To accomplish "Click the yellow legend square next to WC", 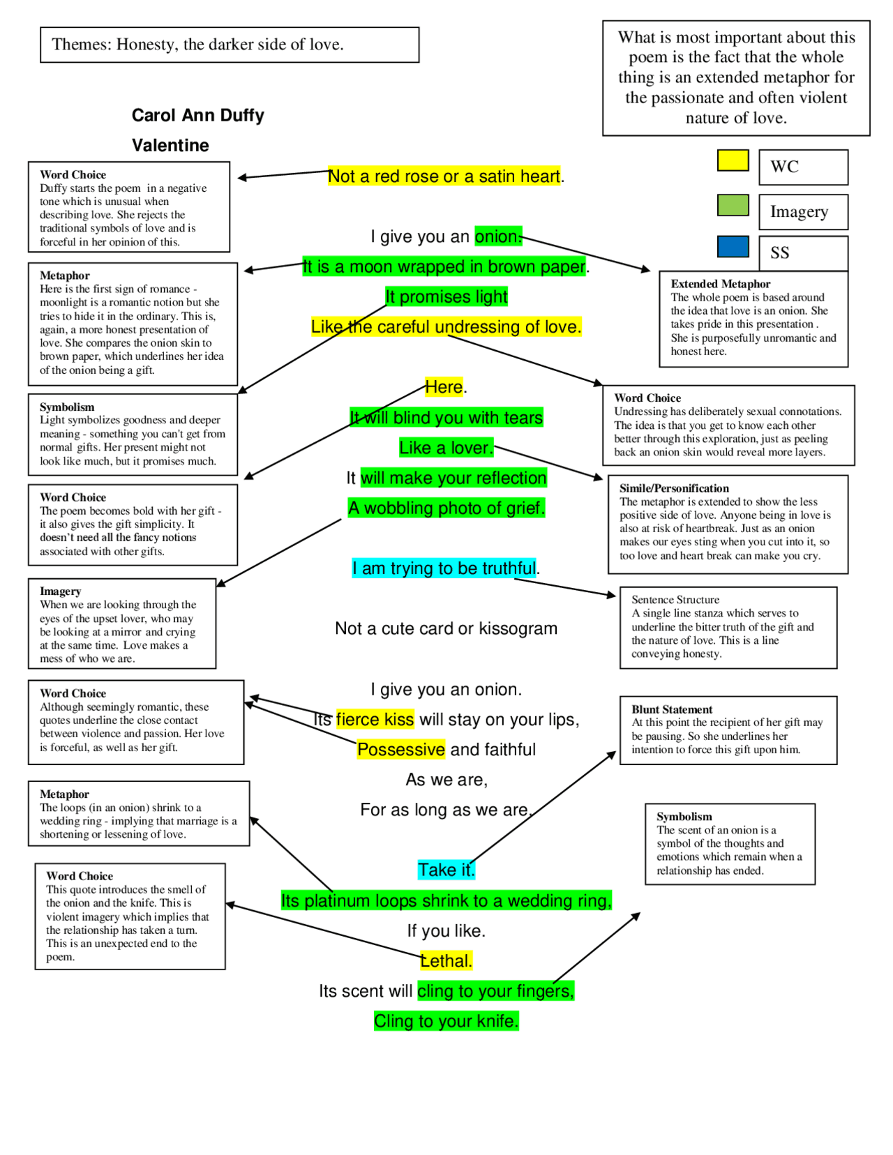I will click(733, 160).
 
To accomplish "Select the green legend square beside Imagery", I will click(733, 205).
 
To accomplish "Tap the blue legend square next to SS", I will click(733, 246).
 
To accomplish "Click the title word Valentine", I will click(170, 145).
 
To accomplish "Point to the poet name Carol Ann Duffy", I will click(197, 115).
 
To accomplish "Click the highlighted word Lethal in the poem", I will click(446, 961).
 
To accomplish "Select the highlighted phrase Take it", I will click(446, 870).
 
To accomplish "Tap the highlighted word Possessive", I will click(401, 750).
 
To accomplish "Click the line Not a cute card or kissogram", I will click(446, 628).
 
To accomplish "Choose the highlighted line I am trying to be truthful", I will click(444, 568).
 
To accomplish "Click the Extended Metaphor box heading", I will click(721, 284).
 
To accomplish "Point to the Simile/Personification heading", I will click(674, 488).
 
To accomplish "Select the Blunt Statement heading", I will click(672, 709).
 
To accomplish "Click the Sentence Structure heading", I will click(675, 600).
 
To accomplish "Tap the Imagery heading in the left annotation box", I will click(61, 591).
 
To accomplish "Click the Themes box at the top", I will click(230, 45).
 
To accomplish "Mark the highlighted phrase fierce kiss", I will click(375, 720).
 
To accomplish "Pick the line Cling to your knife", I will click(446, 1021).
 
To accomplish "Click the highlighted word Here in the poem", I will click(444, 387).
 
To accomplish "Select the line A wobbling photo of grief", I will click(446, 508).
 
